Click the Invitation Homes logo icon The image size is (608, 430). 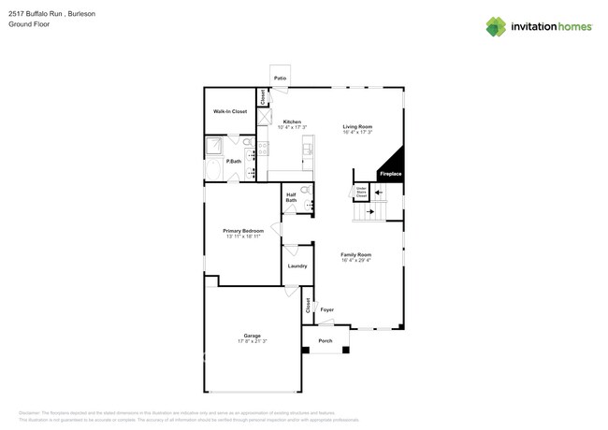click(x=495, y=27)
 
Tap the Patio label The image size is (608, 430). click(x=280, y=79)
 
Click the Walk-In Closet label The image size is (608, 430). click(x=229, y=111)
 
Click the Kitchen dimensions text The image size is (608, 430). click(x=293, y=127)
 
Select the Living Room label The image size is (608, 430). click(x=357, y=126)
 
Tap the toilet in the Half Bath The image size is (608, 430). click(x=305, y=190)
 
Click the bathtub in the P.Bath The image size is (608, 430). click(x=214, y=171)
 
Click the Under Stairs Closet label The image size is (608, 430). click(x=361, y=193)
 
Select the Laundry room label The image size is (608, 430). click(x=297, y=266)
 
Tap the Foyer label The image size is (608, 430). click(x=326, y=309)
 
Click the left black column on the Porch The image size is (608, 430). click(x=305, y=351)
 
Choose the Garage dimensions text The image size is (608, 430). click(x=252, y=341)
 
